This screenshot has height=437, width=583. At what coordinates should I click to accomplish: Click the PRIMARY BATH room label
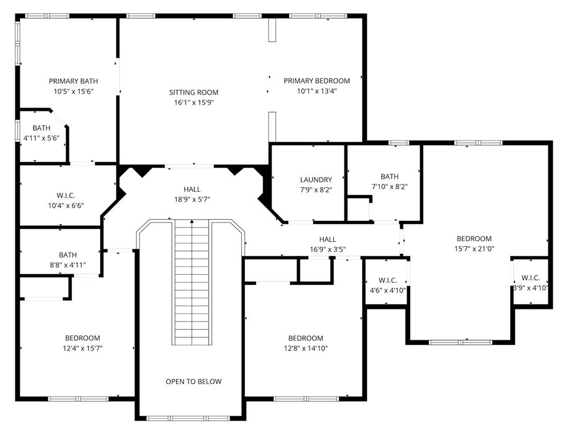click(x=73, y=81)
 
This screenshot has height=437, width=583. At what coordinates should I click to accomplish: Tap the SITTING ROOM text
click(x=194, y=93)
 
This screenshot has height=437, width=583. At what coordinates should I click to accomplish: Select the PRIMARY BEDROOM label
click(x=317, y=81)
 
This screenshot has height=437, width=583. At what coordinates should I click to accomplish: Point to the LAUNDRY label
click(x=316, y=180)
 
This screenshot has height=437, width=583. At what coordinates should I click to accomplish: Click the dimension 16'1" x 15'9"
click(x=194, y=102)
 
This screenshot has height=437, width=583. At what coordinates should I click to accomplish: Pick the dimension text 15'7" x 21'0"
click(x=474, y=249)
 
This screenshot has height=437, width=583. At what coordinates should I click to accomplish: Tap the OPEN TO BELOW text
click(x=194, y=382)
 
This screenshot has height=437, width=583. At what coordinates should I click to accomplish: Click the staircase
click(x=192, y=282)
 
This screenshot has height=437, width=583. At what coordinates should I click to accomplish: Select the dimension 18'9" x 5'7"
click(x=192, y=200)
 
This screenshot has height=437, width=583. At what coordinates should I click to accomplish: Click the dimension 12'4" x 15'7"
click(x=83, y=348)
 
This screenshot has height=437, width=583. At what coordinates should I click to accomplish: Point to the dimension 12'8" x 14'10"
click(x=306, y=348)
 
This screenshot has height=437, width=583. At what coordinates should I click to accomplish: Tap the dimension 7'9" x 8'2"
click(x=316, y=190)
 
